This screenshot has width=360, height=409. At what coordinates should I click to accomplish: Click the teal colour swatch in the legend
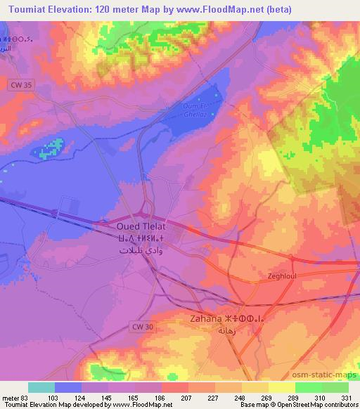click(x=41, y=387)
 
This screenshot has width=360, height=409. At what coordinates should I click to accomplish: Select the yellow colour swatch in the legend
click(x=281, y=387)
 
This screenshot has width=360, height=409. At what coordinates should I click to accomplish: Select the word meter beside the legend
click(x=11, y=397)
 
